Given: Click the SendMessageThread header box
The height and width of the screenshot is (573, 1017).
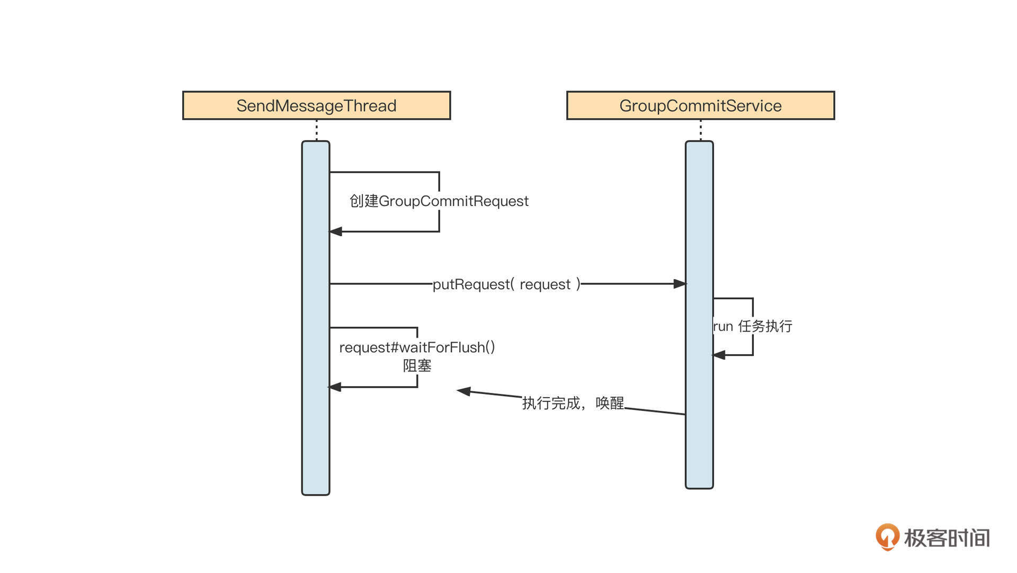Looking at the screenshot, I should coord(316,105).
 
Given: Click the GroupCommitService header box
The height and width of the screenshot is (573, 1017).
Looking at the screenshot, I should coord(700,105).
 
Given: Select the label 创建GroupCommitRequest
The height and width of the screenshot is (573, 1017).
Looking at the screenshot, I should coord(439,201).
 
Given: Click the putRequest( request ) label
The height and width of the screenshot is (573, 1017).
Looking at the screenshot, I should coord(506,284).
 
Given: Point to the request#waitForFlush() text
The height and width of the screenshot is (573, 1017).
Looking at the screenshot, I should coord(417,347).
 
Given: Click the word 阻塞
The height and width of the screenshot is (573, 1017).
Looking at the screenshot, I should coord(417,365).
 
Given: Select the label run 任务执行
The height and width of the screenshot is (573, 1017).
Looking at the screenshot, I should coord(752,326).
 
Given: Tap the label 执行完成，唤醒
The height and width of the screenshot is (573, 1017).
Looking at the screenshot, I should coord(573,404).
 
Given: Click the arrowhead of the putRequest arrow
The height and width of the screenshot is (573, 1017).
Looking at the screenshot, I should coord(680,284).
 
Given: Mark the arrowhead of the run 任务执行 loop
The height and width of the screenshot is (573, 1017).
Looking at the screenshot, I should coord(719,355).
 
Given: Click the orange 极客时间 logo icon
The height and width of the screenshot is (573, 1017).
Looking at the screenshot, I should coord(887,536).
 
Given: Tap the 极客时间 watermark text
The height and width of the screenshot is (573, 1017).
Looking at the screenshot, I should coord(947,538).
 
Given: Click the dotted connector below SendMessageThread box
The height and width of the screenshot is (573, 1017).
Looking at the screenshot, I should coord(317,130).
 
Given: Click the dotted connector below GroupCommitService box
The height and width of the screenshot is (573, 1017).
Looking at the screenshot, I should coord(700,130).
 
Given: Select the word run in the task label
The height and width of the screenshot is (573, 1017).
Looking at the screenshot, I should coord(723,327).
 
